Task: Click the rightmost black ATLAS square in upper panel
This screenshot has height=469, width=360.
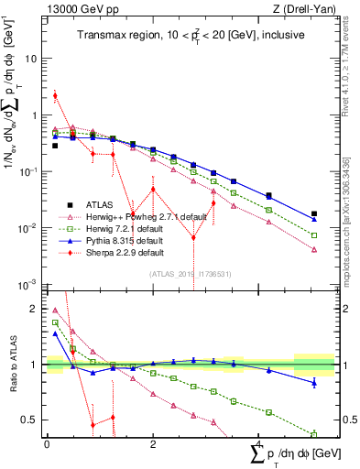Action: click(x=314, y=213)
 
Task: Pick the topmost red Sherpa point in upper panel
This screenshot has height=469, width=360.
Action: click(x=55, y=95)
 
